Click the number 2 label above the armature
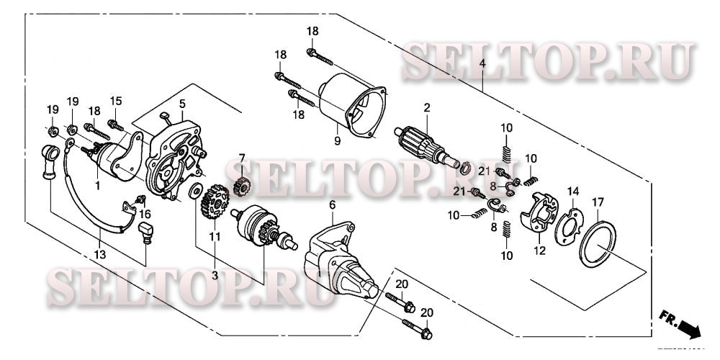click(x=426, y=108)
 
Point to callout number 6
click(x=332, y=205)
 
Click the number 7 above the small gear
click(x=242, y=157)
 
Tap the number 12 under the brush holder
click(x=539, y=251)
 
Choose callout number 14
click(x=574, y=192)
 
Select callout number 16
click(x=144, y=214)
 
